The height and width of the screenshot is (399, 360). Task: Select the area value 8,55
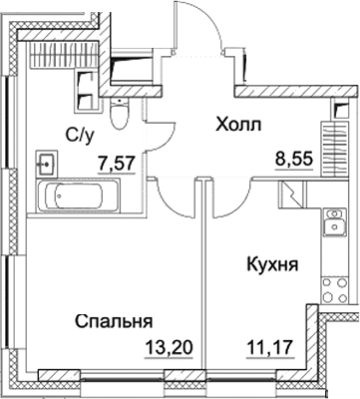coord(297,157)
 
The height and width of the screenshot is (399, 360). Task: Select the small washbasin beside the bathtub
coord(46,161)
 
